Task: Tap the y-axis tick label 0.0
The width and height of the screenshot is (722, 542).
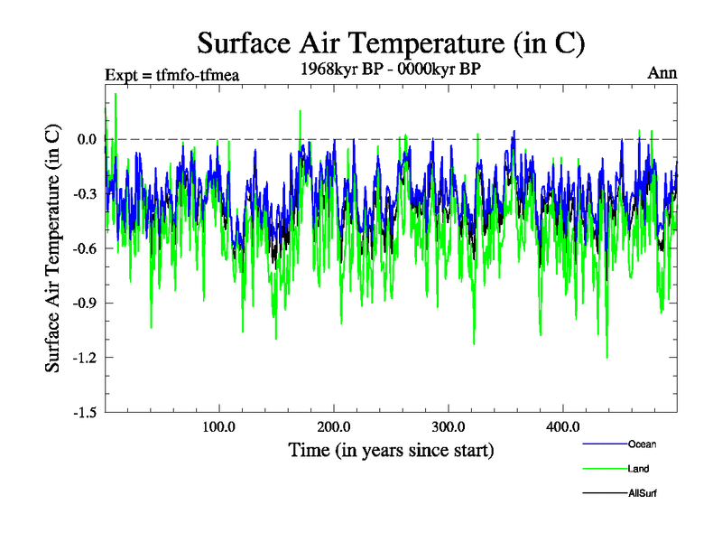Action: (87, 139)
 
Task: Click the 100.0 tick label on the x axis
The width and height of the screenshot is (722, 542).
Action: (219, 426)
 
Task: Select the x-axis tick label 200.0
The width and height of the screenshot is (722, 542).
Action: (334, 426)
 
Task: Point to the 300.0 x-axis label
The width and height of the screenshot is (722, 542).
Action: (449, 426)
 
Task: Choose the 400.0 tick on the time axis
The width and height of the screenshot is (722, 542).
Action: (563, 426)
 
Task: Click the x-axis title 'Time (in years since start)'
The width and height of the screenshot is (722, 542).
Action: (391, 449)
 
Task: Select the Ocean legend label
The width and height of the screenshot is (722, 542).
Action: (643, 444)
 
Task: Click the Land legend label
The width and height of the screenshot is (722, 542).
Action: (639, 469)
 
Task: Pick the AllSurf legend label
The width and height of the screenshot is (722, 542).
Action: (643, 493)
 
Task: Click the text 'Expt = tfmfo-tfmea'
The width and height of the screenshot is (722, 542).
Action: (172, 75)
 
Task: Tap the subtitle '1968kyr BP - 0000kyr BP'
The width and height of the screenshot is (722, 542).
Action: (391, 69)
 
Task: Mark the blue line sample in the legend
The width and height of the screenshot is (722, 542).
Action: (604, 444)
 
